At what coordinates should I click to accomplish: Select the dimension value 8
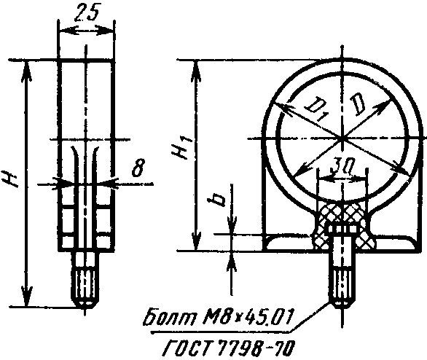click(x=138, y=167)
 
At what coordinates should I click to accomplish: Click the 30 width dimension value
click(x=337, y=168)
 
